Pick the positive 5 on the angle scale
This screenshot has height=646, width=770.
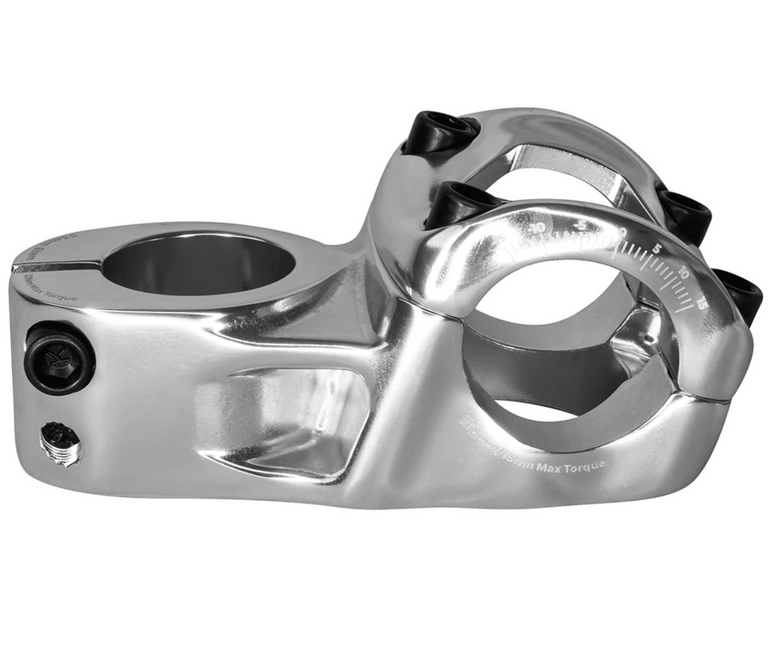pos(656,250)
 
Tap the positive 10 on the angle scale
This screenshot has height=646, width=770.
pos(683,273)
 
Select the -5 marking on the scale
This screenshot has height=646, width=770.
pos(582,225)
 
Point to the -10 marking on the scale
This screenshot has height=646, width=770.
pos(538,228)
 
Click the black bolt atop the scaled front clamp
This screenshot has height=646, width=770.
pos(459,204)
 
